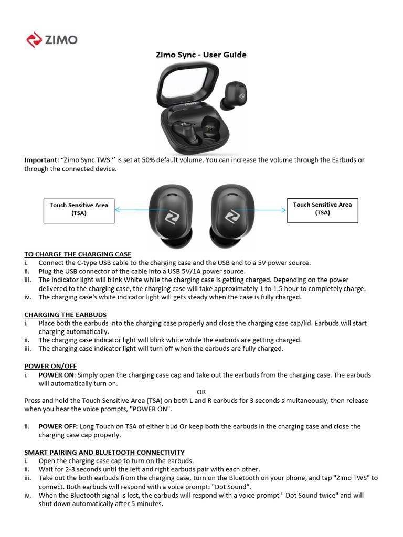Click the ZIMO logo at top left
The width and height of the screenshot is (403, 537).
click(52, 40)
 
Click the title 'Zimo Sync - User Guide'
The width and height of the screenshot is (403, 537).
click(201, 55)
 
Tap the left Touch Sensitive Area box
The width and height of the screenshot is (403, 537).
click(79, 209)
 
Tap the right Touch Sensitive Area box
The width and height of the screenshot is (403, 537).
click(322, 209)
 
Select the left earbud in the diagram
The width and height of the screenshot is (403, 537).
click(171, 215)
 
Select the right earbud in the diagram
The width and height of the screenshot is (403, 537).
click(232, 215)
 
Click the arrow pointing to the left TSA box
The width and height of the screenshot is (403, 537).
click(132, 210)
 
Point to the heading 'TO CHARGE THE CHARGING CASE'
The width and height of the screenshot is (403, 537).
click(78, 254)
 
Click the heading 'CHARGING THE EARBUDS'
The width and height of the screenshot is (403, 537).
click(65, 315)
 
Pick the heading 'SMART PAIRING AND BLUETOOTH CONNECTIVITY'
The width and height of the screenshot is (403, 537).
click(104, 452)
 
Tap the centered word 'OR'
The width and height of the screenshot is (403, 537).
click(201, 392)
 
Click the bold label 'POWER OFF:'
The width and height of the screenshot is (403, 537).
click(58, 426)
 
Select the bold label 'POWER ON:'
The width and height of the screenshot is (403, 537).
click(57, 375)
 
